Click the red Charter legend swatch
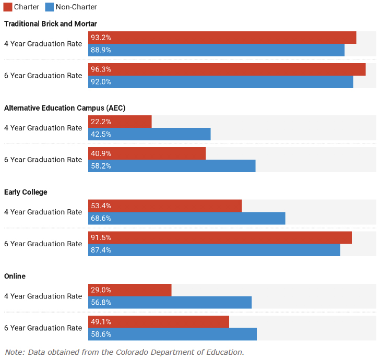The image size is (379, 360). pos(8,7)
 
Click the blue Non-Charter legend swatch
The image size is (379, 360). pos(49,7)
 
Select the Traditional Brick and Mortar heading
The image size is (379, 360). pos(51,23)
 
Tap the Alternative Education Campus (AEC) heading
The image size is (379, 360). pos(65,108)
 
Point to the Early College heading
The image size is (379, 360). pos(26,192)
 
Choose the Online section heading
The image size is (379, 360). pos(15,276)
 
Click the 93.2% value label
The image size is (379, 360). pos(101,38)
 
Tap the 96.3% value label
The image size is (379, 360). pos(101,69)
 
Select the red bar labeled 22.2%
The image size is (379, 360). pos(120,122)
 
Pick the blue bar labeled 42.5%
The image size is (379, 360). pos(149,134)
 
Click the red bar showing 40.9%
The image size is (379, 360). pos(147,153)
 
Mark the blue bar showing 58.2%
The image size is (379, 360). pos(172,166)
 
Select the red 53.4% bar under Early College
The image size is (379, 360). pos(165,206)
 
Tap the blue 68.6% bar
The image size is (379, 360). pos(186,219)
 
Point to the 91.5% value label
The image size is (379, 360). pos(101,237)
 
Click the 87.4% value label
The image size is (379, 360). pos(101,250)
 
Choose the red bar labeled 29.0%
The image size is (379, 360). pos(130,290)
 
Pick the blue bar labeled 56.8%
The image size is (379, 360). pos(170,303)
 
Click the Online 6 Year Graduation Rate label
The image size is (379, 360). pos(43,328)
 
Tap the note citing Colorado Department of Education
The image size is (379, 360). pos(124,352)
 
